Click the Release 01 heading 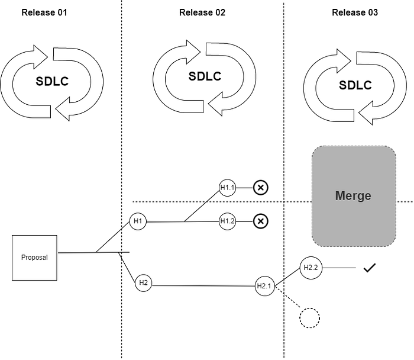point(44,12)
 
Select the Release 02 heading point(202,12)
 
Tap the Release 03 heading point(355,12)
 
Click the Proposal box point(34,258)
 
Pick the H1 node point(138,221)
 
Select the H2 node point(143,283)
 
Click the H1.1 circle point(227,188)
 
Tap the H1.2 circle point(227,221)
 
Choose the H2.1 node point(264,286)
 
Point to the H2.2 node point(310,268)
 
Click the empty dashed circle point(309,318)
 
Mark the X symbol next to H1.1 point(261,188)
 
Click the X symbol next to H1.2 point(261,221)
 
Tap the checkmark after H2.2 point(370,268)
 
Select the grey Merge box point(354,196)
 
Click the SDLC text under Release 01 point(52,81)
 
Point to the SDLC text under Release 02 point(205,76)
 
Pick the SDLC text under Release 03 point(355,85)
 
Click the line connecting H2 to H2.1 point(203,286)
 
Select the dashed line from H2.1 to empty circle point(287,297)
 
